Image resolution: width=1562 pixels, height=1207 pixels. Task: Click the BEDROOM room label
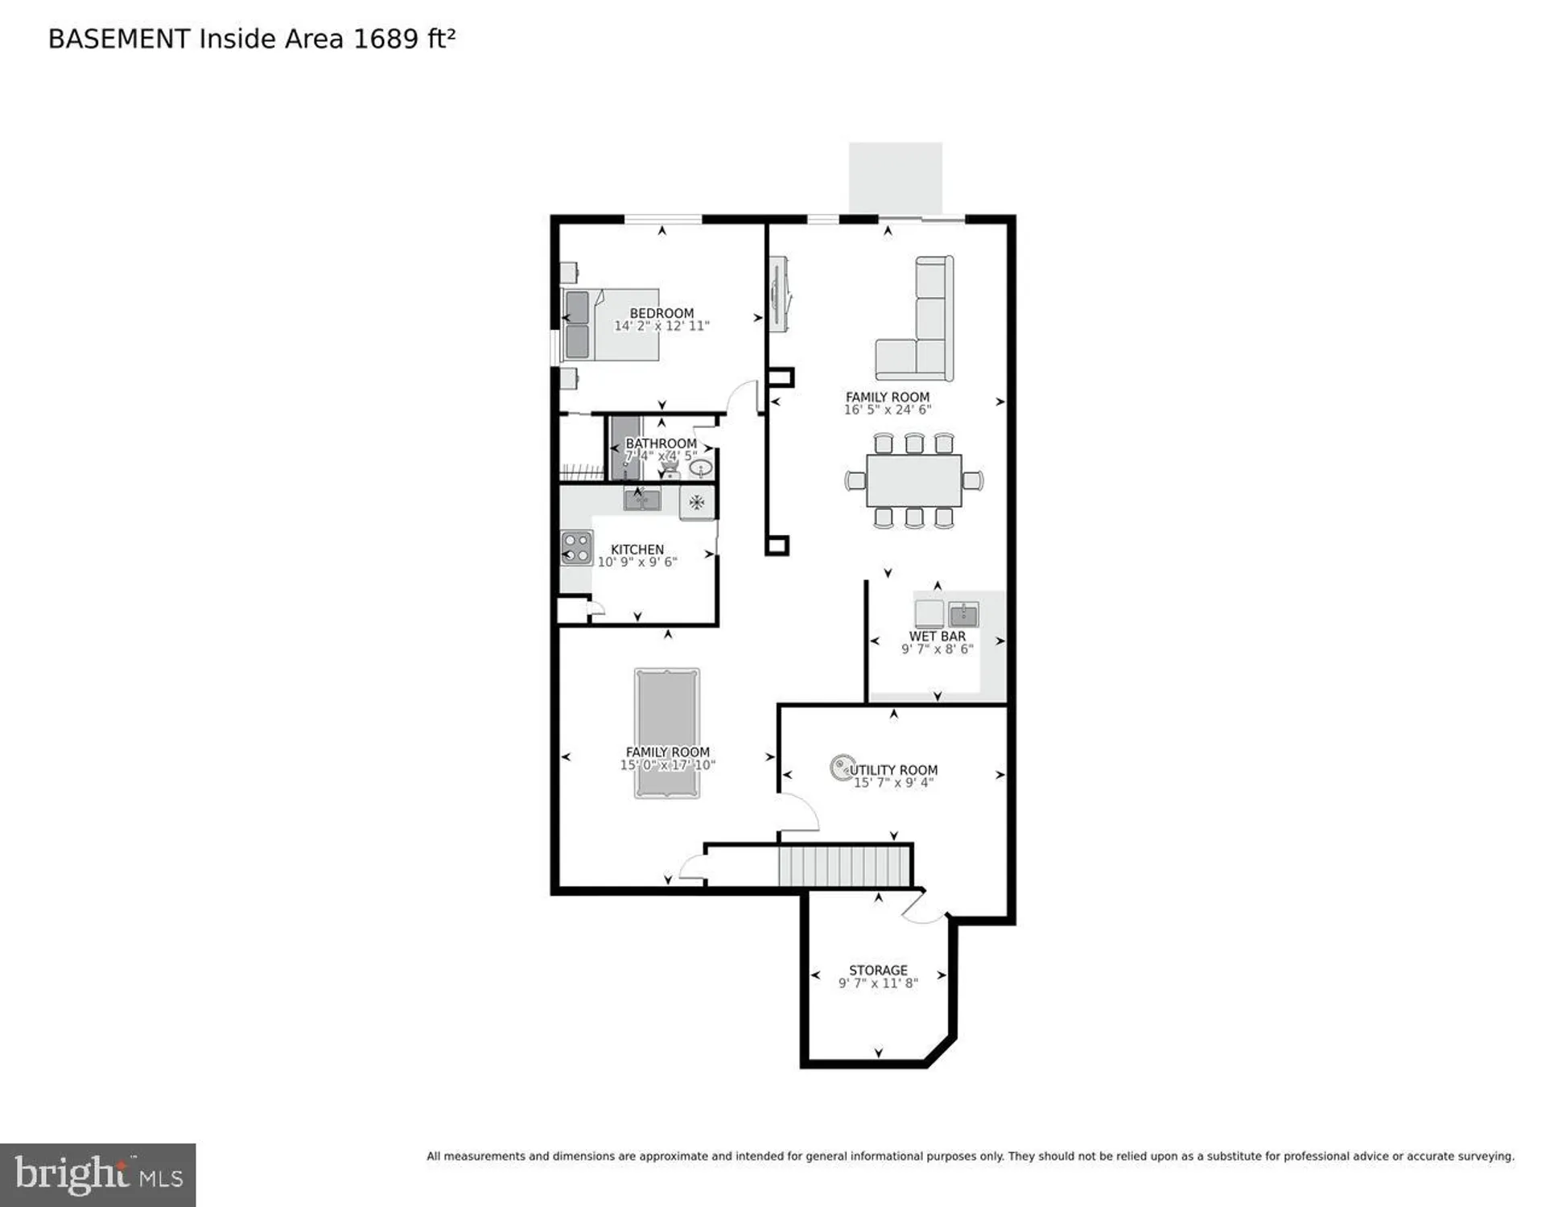point(661,313)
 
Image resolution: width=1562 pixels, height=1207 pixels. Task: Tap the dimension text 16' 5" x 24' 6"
point(887,410)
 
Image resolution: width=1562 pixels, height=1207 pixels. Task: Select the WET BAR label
point(937,636)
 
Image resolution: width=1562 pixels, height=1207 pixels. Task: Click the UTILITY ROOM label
point(893,770)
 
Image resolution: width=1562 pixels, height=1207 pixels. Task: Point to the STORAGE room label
point(877,970)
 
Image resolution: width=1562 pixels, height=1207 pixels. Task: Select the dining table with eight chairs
point(913,481)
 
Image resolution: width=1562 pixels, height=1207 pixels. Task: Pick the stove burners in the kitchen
point(576,548)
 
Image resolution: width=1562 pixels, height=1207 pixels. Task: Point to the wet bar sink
point(962,615)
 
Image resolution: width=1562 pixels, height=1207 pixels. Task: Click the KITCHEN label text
point(637,550)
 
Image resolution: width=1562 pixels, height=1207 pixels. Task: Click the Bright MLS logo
point(98,1175)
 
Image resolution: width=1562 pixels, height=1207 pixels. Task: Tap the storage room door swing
point(924,909)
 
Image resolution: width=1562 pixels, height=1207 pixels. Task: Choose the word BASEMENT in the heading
point(118,39)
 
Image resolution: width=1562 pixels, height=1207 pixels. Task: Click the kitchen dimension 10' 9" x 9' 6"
point(637,562)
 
